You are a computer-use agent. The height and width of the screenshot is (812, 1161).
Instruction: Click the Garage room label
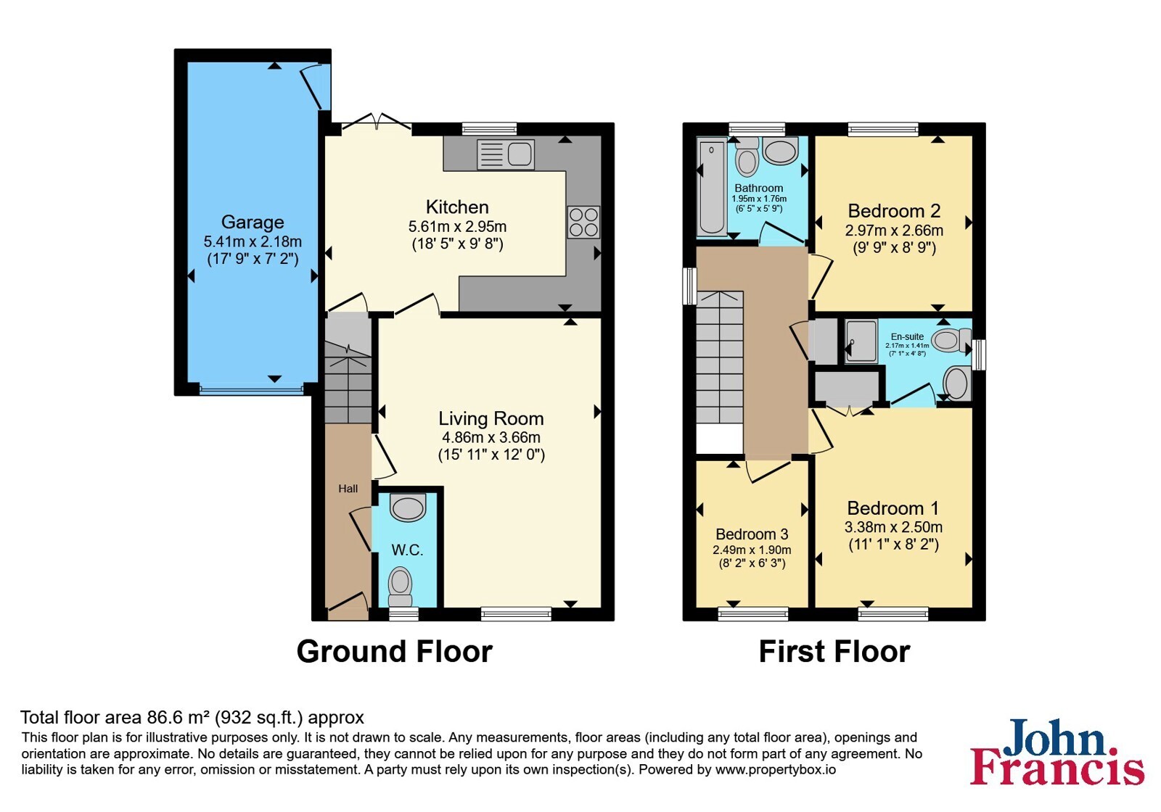point(253,222)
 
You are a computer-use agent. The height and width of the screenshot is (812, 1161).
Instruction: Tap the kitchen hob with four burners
point(583,222)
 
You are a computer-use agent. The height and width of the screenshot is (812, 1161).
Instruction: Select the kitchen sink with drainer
point(505,154)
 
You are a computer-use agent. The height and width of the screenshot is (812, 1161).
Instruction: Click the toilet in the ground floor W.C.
point(400,587)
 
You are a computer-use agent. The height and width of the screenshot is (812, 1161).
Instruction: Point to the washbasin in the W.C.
point(408,507)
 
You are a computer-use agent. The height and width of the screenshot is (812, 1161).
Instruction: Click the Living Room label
point(491,418)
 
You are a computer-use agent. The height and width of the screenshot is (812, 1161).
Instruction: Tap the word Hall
point(348,489)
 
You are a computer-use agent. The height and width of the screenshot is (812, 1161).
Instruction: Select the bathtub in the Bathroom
point(712,188)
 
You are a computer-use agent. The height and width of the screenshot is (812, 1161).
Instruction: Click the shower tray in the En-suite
point(861,340)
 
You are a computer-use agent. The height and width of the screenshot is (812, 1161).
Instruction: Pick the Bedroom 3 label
point(752,534)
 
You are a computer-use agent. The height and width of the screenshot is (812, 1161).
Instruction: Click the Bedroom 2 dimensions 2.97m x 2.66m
point(894,231)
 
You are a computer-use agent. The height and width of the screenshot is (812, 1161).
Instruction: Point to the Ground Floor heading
point(395,652)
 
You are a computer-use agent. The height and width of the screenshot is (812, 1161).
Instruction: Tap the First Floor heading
point(834,652)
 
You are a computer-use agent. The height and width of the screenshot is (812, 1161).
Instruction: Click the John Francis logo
point(1057,751)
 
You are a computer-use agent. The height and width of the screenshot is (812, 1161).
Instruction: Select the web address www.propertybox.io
point(776,769)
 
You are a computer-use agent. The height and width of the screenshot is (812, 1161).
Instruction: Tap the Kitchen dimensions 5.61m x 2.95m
point(457,226)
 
